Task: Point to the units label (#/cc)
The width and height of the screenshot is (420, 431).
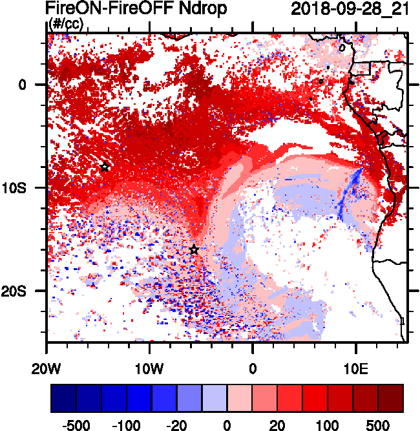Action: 67,24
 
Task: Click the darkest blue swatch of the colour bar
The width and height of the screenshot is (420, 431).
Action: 63,398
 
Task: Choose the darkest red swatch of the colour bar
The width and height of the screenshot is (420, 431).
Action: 391,398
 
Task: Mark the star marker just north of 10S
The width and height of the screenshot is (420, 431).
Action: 105,167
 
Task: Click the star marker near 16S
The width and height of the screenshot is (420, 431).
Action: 194,250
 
